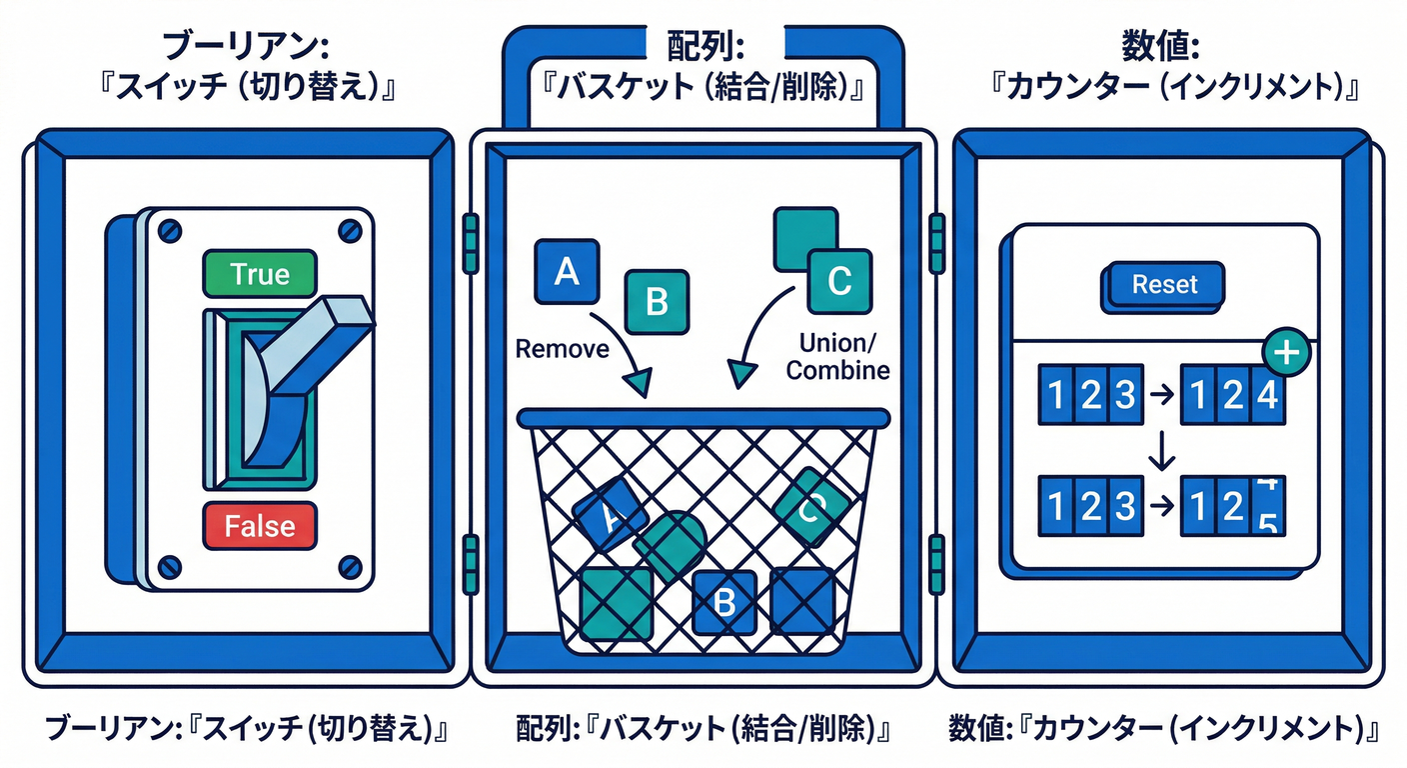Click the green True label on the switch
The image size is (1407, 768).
[x=259, y=274]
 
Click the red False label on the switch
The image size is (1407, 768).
[x=259, y=525]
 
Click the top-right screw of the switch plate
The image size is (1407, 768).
[x=349, y=230]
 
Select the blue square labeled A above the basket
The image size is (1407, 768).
[x=567, y=271]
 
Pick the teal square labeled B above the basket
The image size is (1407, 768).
[x=656, y=301]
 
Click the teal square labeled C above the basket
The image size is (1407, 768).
[x=838, y=282]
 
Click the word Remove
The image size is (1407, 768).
[x=562, y=349]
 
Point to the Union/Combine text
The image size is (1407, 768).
[x=837, y=357]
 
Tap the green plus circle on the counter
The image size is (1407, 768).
[x=1289, y=352]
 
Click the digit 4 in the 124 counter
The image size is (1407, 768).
[x=1266, y=396]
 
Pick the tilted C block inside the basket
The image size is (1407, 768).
[x=811, y=509]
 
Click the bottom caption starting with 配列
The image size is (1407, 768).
[x=703, y=728]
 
